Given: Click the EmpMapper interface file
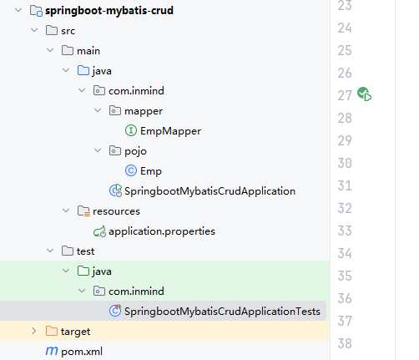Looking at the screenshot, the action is coord(170,131).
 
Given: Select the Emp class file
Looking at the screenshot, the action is coord(151,171).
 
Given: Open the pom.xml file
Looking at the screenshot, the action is coord(82,352).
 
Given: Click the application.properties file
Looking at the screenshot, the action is coord(162,231).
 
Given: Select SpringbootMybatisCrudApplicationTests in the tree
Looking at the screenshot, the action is coord(222,312).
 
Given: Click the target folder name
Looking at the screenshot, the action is coord(75,332).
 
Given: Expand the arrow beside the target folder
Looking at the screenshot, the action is coord(34,331).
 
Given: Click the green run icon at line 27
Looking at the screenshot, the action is coord(365,94).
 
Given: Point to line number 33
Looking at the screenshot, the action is coord(345,231).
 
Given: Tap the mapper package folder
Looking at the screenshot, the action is coord(144,111).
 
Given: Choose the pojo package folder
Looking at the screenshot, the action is coord(135,151).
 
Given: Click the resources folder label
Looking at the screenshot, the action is coord(116,211).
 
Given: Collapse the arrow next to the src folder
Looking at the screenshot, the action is coord(34,30).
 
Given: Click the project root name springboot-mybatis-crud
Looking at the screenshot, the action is coord(109,11).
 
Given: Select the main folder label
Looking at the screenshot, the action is coord(88,51).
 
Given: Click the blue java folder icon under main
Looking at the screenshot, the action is coord(83,70).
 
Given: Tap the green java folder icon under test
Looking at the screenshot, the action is coord(83,271).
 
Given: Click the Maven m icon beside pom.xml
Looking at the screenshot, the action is coord(52,351).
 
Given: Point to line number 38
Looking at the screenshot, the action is coord(345,343).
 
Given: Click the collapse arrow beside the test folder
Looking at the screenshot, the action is coord(50,251).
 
